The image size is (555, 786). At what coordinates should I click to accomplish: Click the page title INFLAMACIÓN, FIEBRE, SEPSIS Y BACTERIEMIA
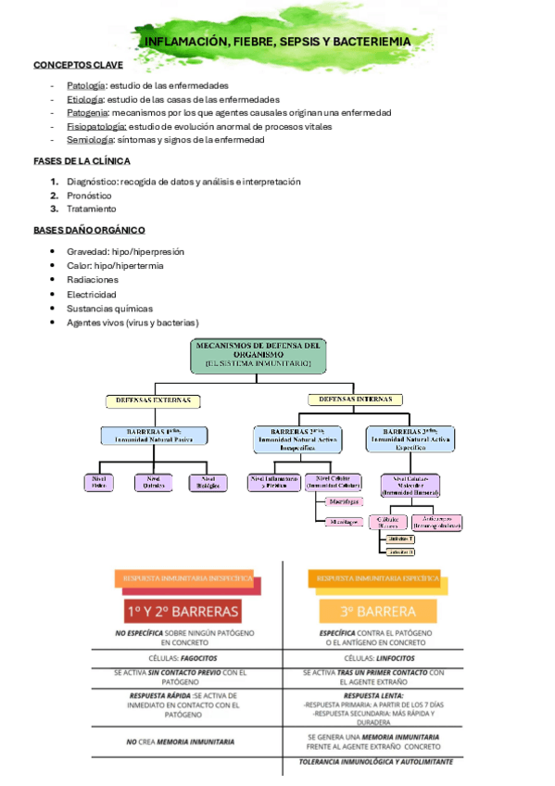[x=278, y=43]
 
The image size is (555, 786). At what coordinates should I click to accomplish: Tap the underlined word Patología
[x=85, y=85]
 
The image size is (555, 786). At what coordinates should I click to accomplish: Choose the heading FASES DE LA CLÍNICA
[x=81, y=160]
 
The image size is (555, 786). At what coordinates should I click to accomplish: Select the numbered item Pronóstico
[x=89, y=196]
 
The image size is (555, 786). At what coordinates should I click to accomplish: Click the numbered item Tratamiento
[x=91, y=209]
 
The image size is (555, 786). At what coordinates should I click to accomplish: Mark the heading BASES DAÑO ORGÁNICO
[x=88, y=229]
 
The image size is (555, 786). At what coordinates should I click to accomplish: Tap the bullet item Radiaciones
[x=92, y=279]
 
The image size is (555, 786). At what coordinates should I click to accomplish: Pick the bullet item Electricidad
[x=92, y=294]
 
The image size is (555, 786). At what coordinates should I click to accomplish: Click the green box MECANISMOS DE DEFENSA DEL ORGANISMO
[x=259, y=355]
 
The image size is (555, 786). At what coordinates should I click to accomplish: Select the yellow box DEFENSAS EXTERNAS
[x=153, y=400]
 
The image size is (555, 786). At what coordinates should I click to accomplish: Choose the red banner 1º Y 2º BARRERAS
[x=183, y=612]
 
